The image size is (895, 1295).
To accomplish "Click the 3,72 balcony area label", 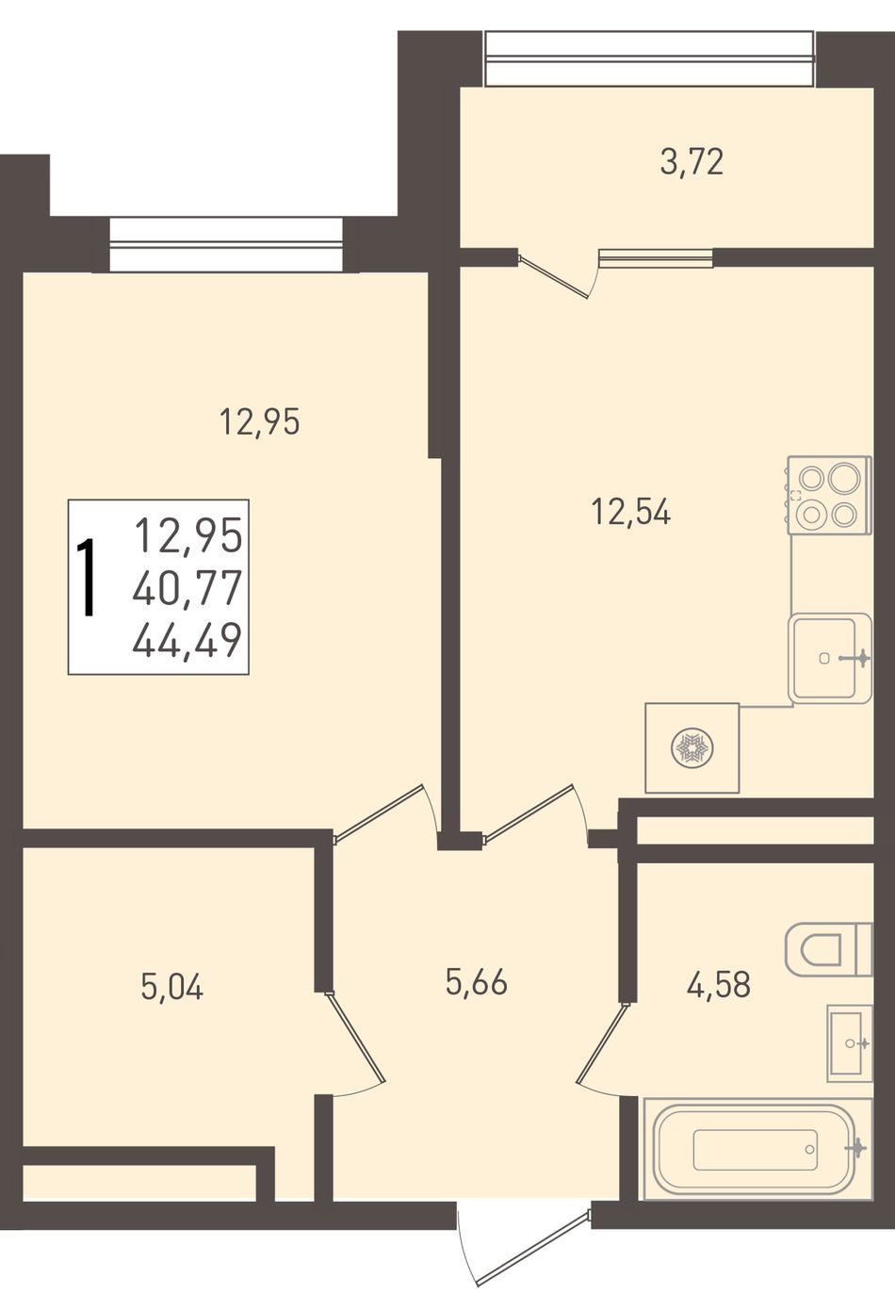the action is [692, 162].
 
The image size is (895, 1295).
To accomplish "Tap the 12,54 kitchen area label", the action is [631, 512].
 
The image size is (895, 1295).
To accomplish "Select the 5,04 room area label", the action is [172, 986].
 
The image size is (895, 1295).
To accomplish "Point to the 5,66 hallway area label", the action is [477, 982].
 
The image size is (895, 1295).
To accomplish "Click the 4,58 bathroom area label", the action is [719, 984].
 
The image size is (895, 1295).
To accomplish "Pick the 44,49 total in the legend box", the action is [187, 641].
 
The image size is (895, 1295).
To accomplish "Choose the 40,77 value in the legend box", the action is [187, 587].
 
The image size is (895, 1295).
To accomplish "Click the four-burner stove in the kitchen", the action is [828, 495].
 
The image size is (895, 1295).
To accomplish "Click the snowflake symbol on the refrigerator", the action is [692, 748].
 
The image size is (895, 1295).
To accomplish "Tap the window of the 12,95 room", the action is [225, 244].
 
